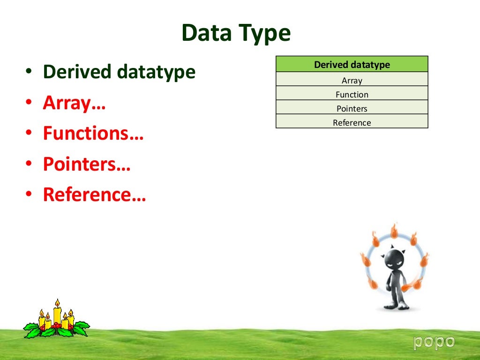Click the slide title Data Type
tap(236, 34)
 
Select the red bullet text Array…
tap(74, 103)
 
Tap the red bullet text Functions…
tap(93, 134)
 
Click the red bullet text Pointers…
tap(86, 164)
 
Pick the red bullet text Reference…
tap(94, 195)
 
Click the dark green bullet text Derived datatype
tap(119, 72)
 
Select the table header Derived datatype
tap(352, 65)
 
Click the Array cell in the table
tap(352, 80)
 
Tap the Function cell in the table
tap(352, 94)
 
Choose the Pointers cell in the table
tap(352, 108)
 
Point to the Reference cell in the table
tap(352, 122)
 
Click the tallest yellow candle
tap(57, 313)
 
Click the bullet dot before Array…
tap(29, 104)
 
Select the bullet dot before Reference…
tap(29, 195)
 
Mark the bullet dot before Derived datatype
tap(29, 73)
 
